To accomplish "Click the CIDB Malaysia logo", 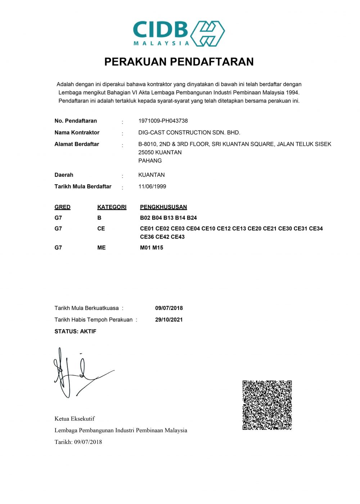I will click(179, 33).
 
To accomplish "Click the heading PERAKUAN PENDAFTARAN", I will click(179, 62).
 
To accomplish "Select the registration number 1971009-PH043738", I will click(163, 121).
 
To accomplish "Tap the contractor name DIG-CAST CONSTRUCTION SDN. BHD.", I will click(189, 132).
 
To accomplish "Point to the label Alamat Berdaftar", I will click(77, 144).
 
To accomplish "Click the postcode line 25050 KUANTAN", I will click(160, 152).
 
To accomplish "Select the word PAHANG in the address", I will click(150, 161).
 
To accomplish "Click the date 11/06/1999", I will click(152, 186).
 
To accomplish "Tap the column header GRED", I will click(62, 207).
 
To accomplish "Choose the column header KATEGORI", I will click(112, 207).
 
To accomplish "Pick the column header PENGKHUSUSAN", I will click(163, 207).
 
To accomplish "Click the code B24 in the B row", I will click(192, 218).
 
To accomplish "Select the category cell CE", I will click(101, 229).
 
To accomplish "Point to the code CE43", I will click(178, 237).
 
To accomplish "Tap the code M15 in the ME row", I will click(158, 248).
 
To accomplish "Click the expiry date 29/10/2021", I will click(169, 320).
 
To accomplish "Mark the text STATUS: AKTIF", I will click(75, 331).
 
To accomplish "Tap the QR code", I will click(267, 405).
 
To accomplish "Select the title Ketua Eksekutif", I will click(75, 419).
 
